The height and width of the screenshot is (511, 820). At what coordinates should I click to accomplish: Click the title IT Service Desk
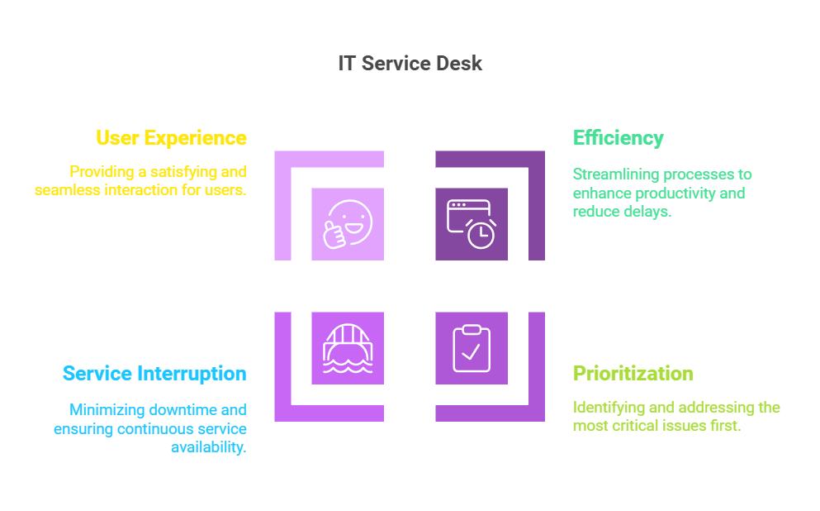click(410, 64)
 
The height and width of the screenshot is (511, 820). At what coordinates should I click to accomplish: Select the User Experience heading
click(171, 138)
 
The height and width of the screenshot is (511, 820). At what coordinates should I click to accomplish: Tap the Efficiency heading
click(619, 138)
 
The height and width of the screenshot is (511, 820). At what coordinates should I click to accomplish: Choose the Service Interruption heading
click(154, 374)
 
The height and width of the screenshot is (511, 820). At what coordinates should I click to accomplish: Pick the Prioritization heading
click(633, 374)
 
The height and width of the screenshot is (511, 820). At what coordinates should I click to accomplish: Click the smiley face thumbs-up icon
click(348, 224)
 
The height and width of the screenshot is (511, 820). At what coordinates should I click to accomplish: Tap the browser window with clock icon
click(472, 224)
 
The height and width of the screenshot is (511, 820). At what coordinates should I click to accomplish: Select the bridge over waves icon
click(348, 348)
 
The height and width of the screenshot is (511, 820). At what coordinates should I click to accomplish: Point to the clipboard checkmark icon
click(472, 348)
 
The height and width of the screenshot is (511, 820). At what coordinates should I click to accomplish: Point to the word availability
click(209, 447)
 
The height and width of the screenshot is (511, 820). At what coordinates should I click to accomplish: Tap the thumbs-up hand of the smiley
click(334, 235)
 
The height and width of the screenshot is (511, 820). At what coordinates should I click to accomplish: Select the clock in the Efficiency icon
click(481, 235)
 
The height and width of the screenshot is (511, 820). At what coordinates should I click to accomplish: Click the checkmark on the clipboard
click(472, 352)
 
